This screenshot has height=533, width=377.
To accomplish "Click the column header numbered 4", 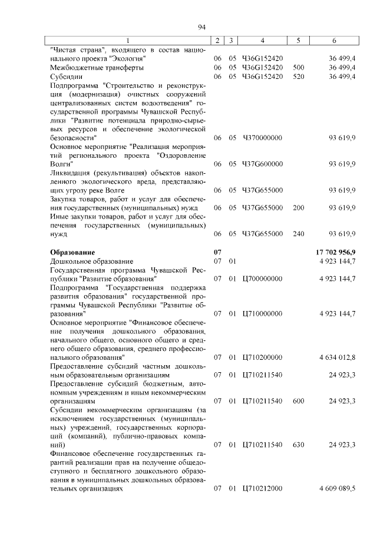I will [262, 41].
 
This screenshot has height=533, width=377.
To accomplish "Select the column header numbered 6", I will [334, 41].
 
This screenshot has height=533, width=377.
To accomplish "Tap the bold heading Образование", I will [72, 252].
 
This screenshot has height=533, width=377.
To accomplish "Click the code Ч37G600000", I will [262, 164].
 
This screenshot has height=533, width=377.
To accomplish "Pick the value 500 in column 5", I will [298, 68].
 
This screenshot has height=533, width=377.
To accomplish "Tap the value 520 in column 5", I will [298, 77].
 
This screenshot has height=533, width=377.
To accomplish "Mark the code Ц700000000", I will [262, 278].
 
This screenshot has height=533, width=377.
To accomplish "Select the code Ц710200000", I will [262, 357].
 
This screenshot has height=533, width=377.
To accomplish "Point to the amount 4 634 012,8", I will [337, 357].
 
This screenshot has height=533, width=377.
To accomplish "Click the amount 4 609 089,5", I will [337, 488].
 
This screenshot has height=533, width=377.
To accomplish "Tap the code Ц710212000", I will [262, 488].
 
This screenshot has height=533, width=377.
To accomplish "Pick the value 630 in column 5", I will [298, 445].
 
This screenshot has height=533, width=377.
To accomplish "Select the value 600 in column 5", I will [298, 401].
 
